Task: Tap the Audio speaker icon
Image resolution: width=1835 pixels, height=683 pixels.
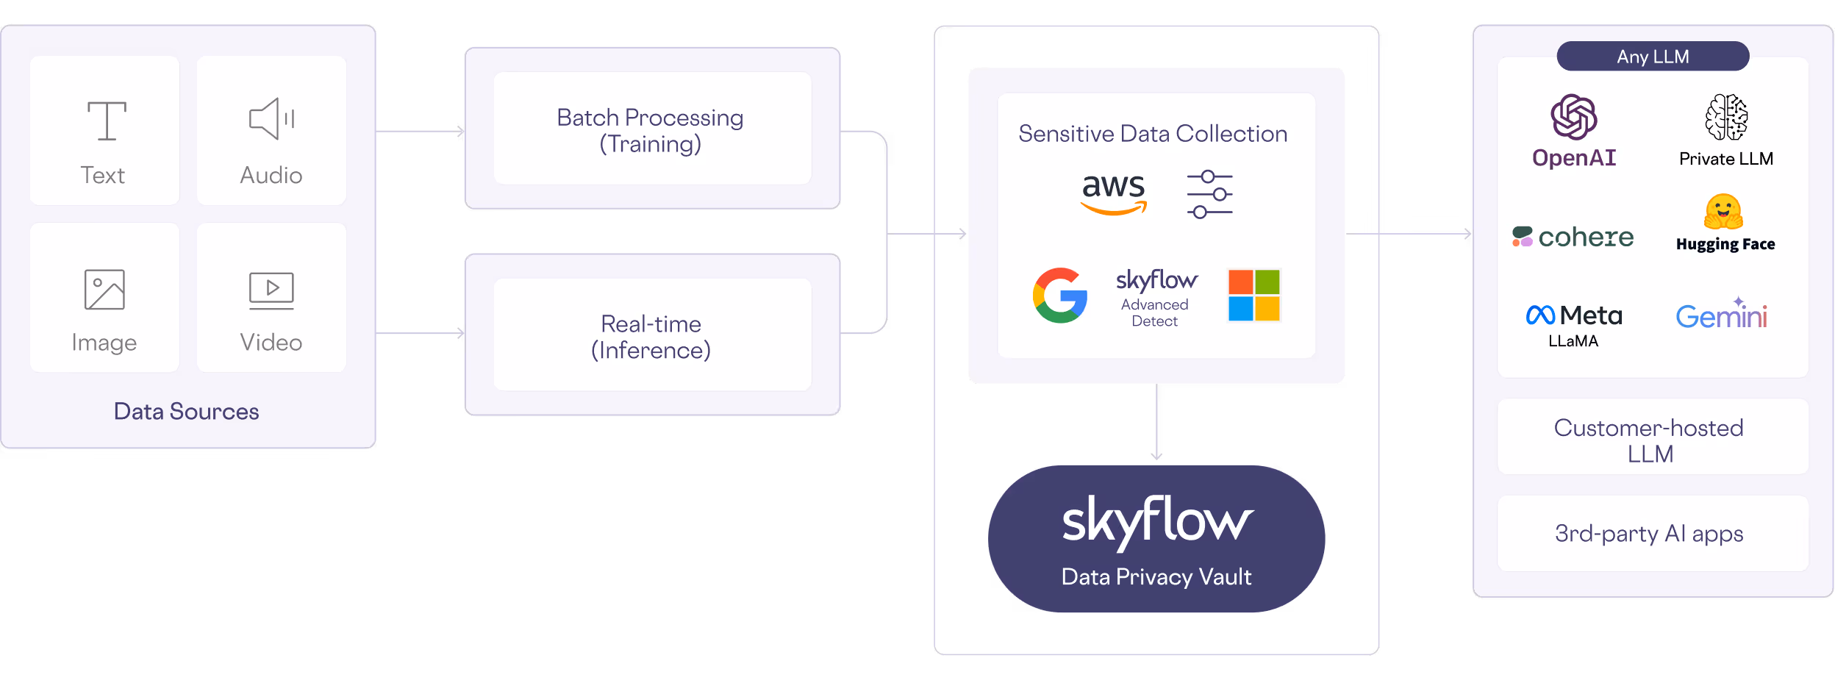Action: pos(271,119)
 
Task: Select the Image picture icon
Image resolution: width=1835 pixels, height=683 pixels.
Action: pos(104,290)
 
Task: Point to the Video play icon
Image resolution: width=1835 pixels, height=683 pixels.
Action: pos(271,289)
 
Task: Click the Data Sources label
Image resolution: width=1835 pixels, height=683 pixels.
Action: pos(186,412)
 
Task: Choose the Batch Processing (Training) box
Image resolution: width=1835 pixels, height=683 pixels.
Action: pos(652,129)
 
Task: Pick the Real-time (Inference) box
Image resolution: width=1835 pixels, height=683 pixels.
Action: pos(652,336)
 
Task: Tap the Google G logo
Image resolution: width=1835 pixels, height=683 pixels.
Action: pos(1060,296)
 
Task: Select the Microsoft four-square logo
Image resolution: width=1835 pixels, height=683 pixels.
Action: pos(1254,296)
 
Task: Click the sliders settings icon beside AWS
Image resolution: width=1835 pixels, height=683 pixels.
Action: pos(1209,195)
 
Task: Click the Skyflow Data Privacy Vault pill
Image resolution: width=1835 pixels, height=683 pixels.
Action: pos(1156,539)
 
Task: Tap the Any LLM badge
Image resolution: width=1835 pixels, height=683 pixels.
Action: pos(1653,57)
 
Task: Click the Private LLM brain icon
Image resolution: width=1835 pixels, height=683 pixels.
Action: pos(1726,118)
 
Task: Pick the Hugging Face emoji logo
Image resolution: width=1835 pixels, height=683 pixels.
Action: pos(1723,212)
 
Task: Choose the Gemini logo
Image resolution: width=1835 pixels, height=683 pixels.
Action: pos(1721,315)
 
